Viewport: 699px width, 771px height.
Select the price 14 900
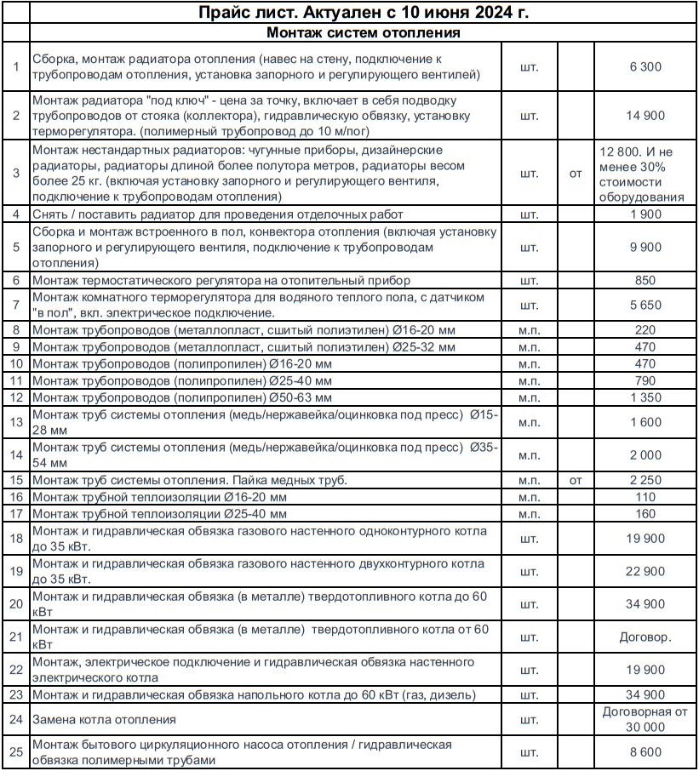(x=645, y=115)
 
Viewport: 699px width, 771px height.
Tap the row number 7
(x=16, y=304)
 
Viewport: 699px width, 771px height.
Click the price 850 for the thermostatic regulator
(x=645, y=280)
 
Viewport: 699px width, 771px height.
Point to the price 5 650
(x=645, y=304)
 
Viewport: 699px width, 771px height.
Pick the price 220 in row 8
(x=645, y=329)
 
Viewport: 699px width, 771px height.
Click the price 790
(x=645, y=380)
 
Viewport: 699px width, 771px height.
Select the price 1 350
(x=645, y=397)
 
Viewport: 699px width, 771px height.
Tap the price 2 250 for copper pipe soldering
(x=645, y=480)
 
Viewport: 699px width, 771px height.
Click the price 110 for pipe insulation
(x=645, y=497)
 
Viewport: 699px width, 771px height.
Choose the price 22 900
(x=645, y=571)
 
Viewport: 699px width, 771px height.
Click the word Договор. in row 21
(x=645, y=636)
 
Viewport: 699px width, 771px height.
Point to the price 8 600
(x=645, y=752)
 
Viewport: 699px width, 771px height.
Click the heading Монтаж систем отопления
(x=364, y=33)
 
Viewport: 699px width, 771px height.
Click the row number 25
(x=16, y=752)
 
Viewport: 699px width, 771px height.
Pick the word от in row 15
(x=576, y=480)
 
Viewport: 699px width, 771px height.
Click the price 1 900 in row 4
(x=645, y=214)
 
